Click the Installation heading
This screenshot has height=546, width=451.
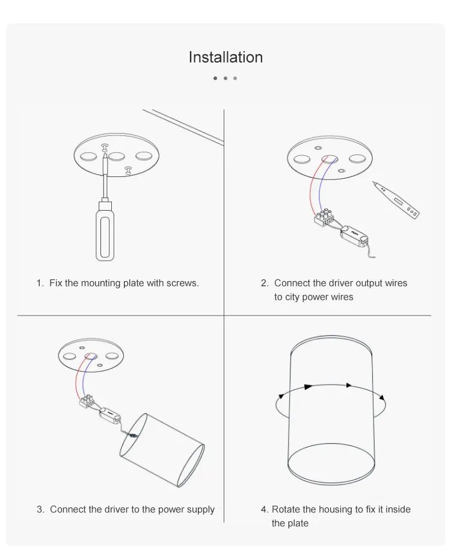226,57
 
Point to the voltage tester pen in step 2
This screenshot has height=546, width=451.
396,200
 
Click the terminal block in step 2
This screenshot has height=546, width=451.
324,217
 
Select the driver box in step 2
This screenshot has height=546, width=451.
354,235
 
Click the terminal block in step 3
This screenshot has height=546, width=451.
87,401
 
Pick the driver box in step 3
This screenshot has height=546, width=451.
110,414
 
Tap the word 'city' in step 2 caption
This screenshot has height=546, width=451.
292,297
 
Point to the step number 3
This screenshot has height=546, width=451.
40,509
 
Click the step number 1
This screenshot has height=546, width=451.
40,283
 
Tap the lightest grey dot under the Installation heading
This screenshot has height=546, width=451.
235,78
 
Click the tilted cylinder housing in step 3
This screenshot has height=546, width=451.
162,450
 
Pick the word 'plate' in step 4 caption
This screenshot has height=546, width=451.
299,523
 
